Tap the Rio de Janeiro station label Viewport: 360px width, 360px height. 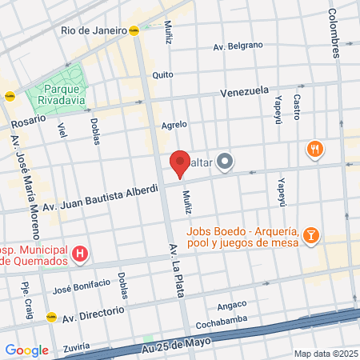click(94, 30)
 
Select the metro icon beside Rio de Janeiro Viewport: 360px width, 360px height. click(134, 30)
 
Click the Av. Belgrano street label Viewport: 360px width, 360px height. click(238, 47)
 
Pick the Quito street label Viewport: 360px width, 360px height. click(162, 74)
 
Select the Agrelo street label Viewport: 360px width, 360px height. click(174, 124)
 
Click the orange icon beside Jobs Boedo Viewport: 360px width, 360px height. click(311, 235)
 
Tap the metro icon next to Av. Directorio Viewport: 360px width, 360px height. click(52, 316)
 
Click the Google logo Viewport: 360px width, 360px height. click(26, 350)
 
